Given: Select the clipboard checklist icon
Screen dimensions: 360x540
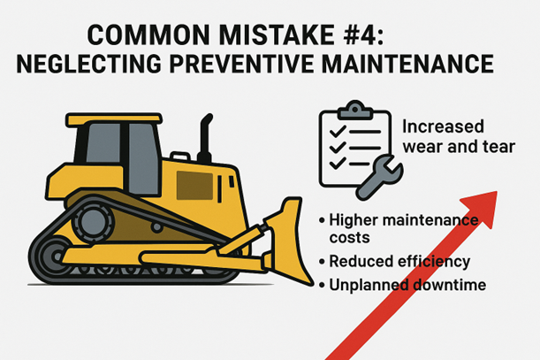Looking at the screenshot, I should pos(351,147).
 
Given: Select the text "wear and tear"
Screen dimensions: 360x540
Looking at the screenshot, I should pos(457,146).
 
